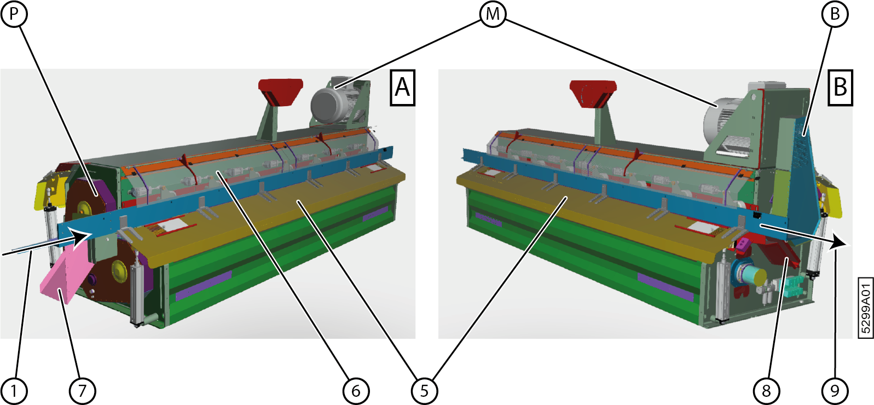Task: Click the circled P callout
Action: (x=14, y=14)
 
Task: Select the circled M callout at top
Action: (x=493, y=14)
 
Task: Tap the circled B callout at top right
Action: (x=835, y=14)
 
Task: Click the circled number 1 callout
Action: (x=14, y=391)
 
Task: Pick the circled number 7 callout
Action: (x=82, y=391)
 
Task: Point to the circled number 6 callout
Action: (x=356, y=391)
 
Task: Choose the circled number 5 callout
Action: (x=424, y=391)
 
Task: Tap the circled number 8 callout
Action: (x=766, y=391)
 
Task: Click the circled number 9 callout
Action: (x=835, y=391)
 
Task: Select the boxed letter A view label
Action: (x=402, y=87)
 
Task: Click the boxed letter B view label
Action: (x=840, y=87)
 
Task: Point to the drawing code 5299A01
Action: (x=865, y=308)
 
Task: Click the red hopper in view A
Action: (x=280, y=91)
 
